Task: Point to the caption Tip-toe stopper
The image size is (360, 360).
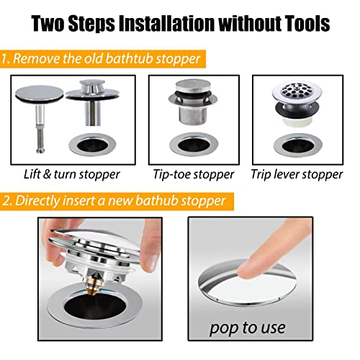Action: pyautogui.click(x=194, y=174)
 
